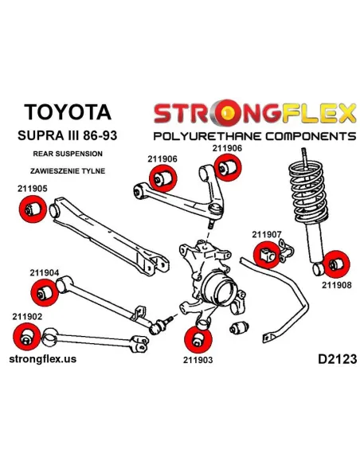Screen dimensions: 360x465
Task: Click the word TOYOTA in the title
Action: [68, 112]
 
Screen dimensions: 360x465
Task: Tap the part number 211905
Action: [33, 189]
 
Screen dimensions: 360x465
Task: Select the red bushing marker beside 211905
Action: [33, 209]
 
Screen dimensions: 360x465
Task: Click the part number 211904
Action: [45, 272]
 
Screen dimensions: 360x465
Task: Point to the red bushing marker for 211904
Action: [44, 293]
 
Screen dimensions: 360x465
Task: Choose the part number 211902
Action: [27, 317]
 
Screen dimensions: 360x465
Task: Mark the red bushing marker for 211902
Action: [27, 337]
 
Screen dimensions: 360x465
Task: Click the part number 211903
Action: [198, 360]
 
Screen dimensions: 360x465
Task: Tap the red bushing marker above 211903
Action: [198, 340]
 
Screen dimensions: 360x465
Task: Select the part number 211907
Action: [267, 235]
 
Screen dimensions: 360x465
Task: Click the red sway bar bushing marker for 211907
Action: [267, 255]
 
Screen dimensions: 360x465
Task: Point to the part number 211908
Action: [337, 285]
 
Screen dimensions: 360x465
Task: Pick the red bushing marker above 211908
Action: [336, 264]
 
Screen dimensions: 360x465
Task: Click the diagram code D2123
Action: [338, 359]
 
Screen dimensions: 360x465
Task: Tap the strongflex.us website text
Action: [43, 359]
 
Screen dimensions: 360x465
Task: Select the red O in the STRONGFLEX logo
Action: [228, 113]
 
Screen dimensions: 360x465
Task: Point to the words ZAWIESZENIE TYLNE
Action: [68, 171]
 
